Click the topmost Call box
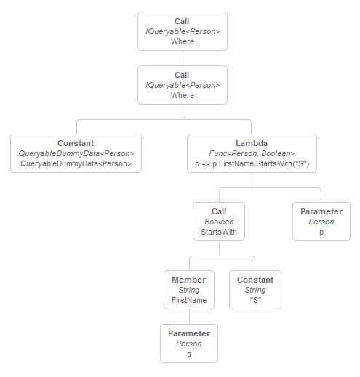[183, 31]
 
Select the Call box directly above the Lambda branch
[183, 85]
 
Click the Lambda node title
[252, 143]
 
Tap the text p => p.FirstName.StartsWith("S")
[252, 163]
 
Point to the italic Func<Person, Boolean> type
[252, 153]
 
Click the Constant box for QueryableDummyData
[76, 153]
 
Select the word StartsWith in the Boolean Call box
[219, 232]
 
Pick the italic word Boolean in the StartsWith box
[219, 222]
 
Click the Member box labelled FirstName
[189, 290]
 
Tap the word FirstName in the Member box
[189, 300]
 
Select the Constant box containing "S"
[255, 290]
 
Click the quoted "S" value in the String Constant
[255, 300]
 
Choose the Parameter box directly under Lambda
[321, 222]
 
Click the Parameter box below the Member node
[189, 344]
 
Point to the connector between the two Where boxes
[183, 58]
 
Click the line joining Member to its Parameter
[189, 317]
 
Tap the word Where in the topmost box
[183, 41]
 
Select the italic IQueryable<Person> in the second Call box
[183, 85]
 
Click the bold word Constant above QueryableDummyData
[76, 143]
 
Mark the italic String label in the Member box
[189, 290]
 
